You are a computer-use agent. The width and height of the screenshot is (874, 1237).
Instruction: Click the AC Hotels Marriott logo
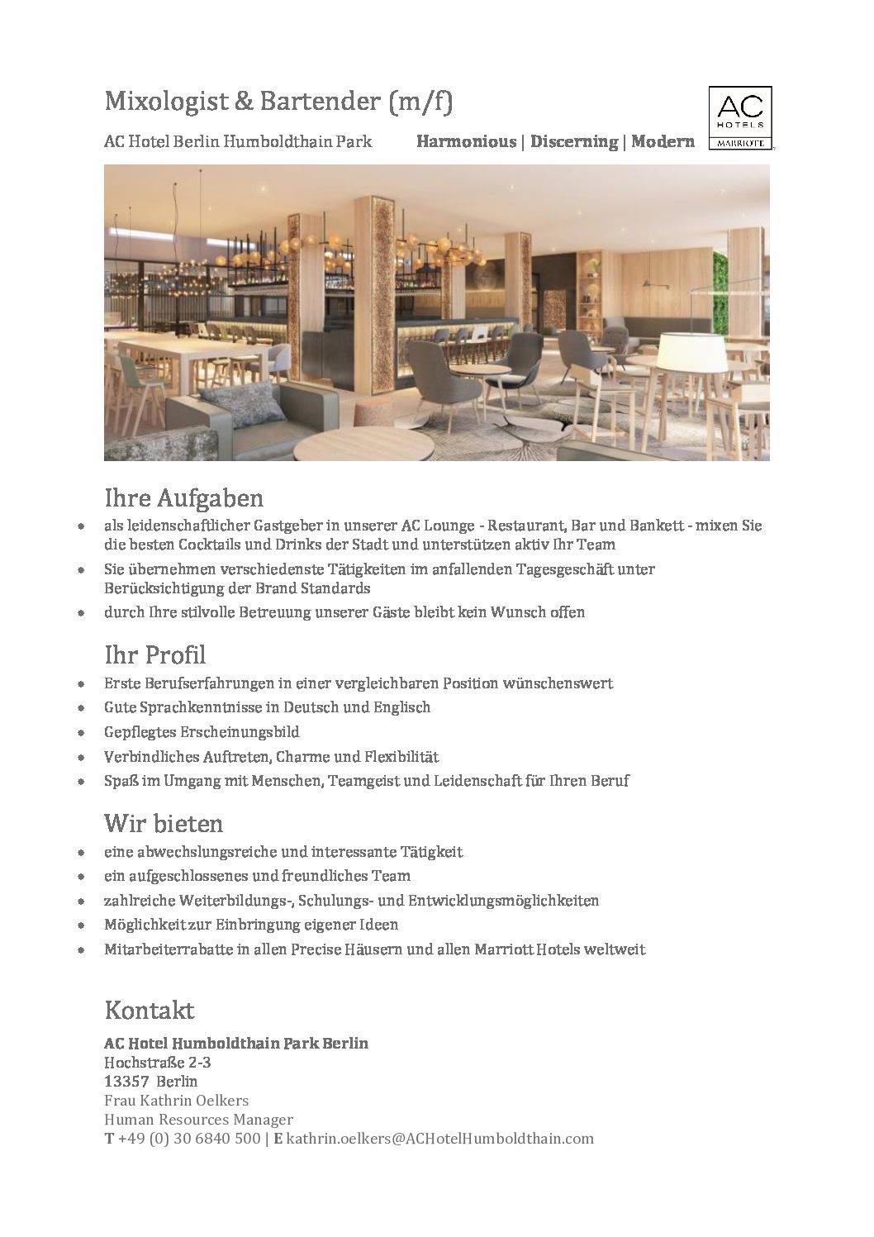(739, 117)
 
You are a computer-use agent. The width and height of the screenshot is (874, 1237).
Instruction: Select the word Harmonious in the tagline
(466, 141)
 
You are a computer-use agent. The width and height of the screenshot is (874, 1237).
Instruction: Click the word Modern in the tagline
(663, 141)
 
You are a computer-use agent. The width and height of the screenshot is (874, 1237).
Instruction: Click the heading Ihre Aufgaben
(183, 498)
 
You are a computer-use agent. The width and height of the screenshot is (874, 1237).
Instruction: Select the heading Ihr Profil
(154, 655)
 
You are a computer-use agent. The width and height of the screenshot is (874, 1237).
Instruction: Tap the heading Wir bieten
(164, 823)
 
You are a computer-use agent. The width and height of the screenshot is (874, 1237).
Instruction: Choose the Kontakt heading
(150, 1010)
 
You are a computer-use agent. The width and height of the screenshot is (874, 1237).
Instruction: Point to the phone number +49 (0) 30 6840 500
(189, 1139)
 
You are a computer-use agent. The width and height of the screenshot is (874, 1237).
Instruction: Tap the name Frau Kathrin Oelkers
(176, 1101)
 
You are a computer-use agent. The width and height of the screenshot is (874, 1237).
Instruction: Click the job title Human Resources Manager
(198, 1120)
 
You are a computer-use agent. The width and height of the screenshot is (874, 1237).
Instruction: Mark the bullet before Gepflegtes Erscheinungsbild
(80, 733)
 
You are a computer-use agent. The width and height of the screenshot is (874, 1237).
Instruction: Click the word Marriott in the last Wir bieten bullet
(504, 949)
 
